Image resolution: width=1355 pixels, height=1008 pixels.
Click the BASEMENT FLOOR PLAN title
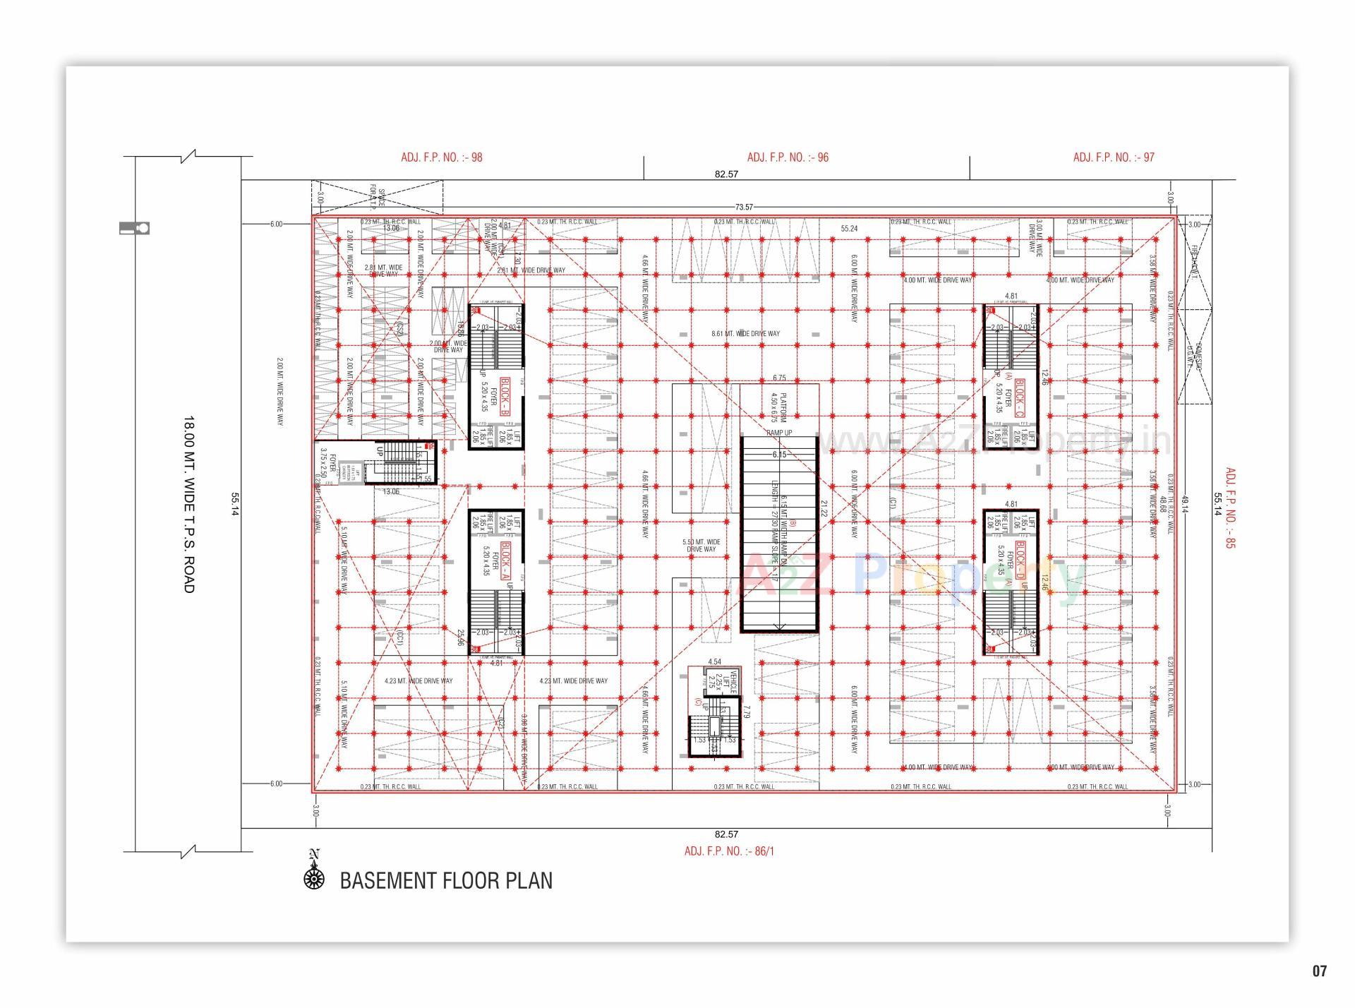446,881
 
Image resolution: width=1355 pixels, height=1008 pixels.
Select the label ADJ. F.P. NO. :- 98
442,157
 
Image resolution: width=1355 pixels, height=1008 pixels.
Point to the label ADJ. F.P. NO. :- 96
788,157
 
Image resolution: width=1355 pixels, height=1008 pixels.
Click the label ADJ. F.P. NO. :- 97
1114,157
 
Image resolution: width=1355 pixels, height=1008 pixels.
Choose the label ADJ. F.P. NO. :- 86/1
728,851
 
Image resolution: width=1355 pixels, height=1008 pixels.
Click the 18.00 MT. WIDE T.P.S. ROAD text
188,504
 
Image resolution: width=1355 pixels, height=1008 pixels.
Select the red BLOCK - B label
505,396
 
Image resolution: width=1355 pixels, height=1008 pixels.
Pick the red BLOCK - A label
505,561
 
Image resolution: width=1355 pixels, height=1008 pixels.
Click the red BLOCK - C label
1020,396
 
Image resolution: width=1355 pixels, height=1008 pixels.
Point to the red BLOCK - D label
1020,561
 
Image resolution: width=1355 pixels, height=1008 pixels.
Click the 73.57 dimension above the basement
744,207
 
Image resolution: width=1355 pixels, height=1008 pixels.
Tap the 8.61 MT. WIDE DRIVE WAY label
745,333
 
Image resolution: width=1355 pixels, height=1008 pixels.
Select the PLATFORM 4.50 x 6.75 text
779,408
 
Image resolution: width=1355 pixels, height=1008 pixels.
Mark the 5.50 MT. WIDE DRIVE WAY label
701,546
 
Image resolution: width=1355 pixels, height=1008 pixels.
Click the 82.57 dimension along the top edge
726,174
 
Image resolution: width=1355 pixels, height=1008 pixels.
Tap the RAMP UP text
779,433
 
